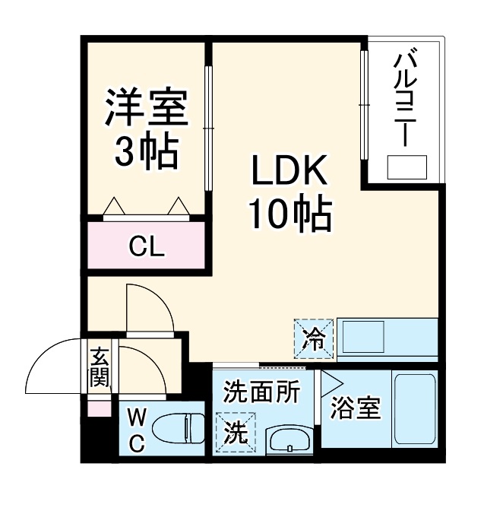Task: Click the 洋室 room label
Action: click(x=147, y=109)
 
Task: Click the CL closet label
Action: click(x=147, y=246)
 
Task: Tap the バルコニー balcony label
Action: click(x=403, y=99)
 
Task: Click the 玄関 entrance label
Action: click(x=100, y=367)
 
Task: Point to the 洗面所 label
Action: click(x=261, y=393)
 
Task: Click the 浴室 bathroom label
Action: click(x=356, y=408)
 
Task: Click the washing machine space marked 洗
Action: click(x=236, y=431)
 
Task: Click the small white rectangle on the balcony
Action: click(x=407, y=167)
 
